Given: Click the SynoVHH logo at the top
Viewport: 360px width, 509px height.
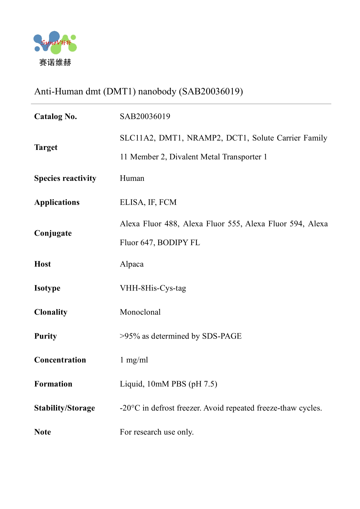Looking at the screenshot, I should coord(55,43).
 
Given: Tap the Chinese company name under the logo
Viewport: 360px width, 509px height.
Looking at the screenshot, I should coord(55,63).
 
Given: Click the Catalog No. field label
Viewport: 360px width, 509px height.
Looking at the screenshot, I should coord(56,117).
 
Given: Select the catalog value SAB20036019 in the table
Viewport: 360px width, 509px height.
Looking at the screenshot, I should coord(145,117).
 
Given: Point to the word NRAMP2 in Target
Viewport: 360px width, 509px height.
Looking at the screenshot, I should coord(204,138).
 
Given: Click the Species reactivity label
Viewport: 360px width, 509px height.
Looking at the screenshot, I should coord(65,178).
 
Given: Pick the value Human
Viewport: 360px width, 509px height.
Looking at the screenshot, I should coord(132,178).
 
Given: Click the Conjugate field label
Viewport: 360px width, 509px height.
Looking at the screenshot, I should coord(53,233).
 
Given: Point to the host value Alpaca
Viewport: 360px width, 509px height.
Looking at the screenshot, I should coord(132,264).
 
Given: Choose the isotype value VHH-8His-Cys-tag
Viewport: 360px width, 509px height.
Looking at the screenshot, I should coord(153,288).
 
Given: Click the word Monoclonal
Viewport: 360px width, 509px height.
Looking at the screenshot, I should coord(140,312).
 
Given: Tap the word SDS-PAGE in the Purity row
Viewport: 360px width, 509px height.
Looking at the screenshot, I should coord(222,336).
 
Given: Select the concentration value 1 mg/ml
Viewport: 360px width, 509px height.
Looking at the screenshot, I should coord(134,360).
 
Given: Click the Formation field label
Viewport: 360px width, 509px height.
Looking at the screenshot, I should coord(53,384).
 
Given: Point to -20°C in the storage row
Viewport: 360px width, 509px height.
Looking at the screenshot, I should coord(130,408).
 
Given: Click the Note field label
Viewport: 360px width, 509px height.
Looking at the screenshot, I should coord(43,432).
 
